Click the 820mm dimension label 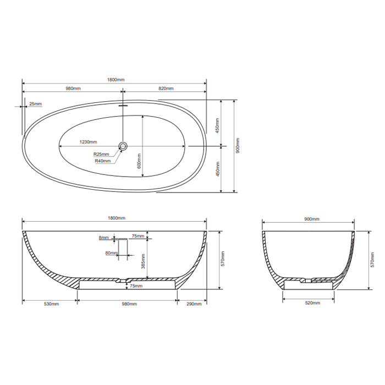[166, 89]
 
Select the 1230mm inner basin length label [88, 142]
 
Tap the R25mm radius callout [101, 154]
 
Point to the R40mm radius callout [102, 161]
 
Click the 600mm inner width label [140, 161]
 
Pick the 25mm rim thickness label [35, 103]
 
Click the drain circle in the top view [123, 146]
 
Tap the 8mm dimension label [103, 238]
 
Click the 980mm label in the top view [73, 89]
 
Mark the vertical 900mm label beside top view [238, 146]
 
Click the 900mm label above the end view [311, 219]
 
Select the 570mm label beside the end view [373, 260]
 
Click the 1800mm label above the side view [117, 219]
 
